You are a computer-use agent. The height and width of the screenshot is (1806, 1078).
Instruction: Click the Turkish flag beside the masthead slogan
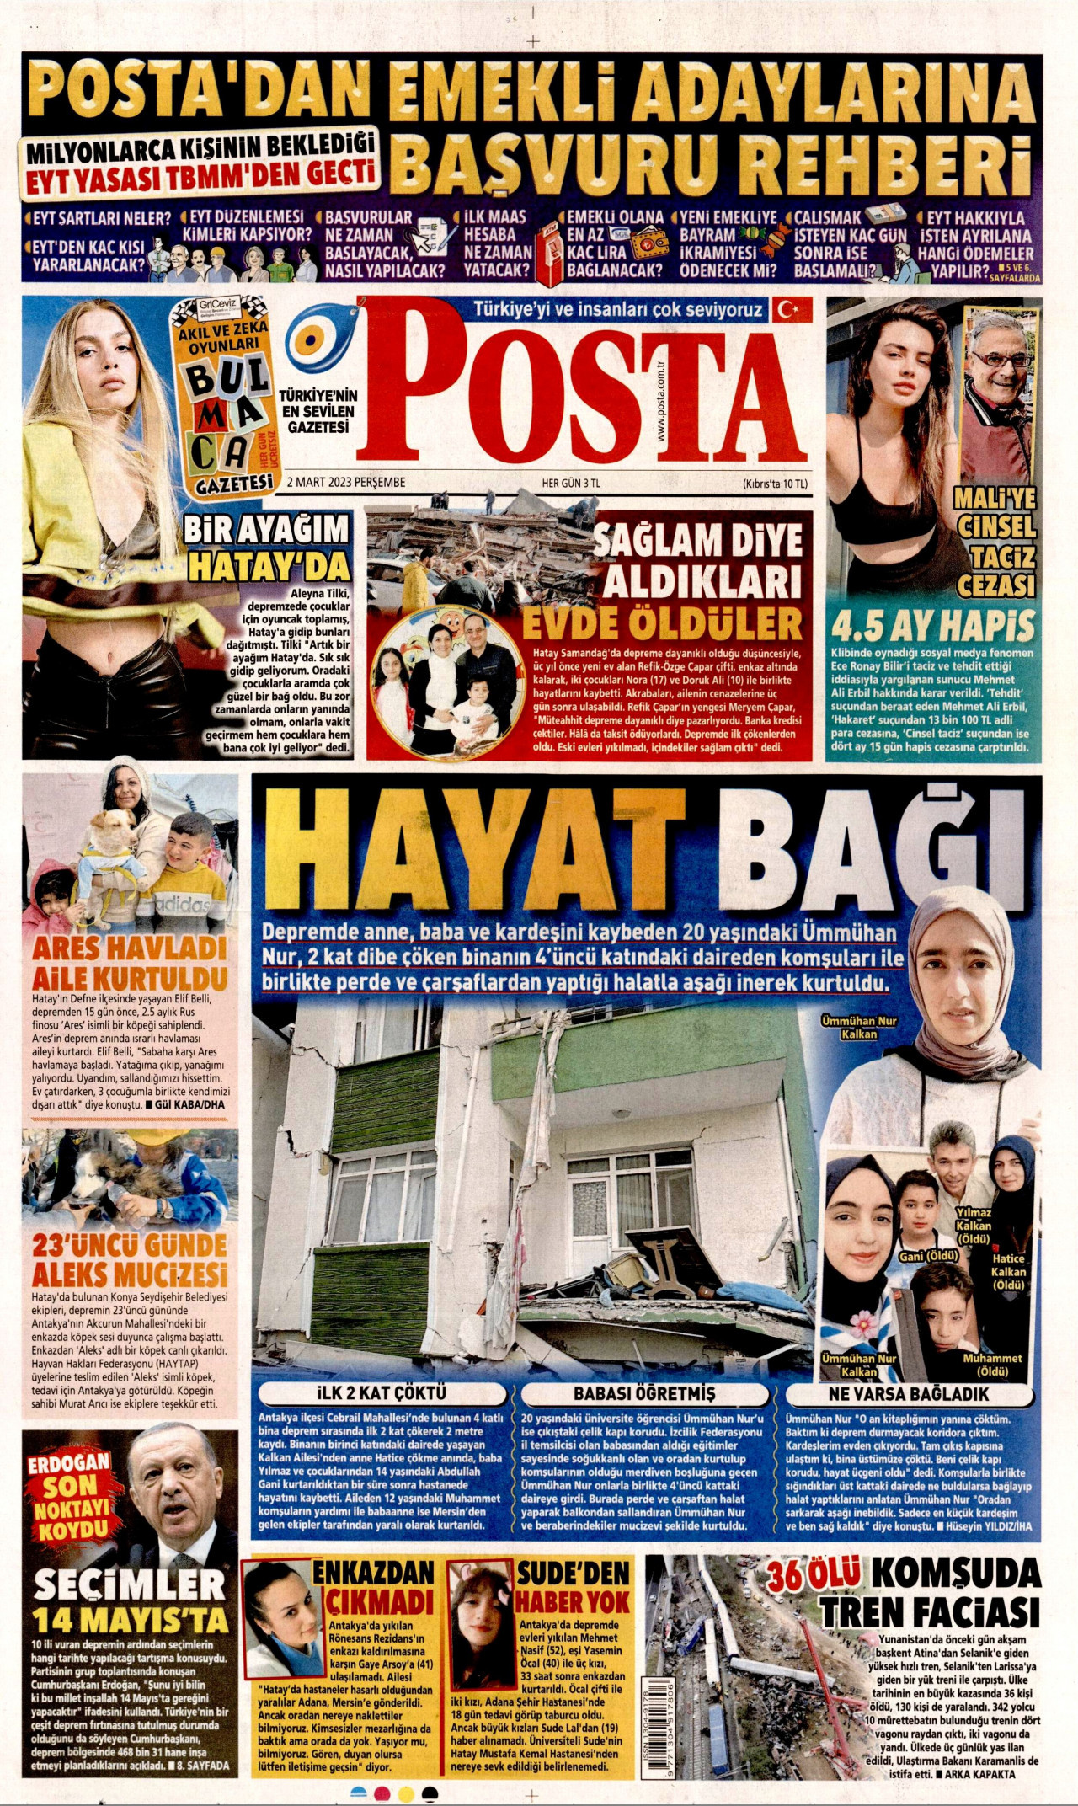(x=790, y=310)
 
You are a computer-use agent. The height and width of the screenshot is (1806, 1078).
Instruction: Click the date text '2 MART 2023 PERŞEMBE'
(x=346, y=483)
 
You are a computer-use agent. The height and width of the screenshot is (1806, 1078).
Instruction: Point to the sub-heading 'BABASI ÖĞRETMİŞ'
(x=644, y=1393)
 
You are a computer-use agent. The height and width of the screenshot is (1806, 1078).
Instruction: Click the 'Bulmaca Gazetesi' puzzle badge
(x=224, y=397)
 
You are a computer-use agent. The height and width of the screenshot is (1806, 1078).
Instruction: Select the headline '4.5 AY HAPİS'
(x=932, y=626)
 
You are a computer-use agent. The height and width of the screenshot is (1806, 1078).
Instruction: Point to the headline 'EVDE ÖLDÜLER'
(x=661, y=624)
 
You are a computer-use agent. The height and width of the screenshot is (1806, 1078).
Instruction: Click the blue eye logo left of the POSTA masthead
(x=322, y=340)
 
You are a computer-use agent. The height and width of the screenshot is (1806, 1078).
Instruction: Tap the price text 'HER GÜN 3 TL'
(x=571, y=484)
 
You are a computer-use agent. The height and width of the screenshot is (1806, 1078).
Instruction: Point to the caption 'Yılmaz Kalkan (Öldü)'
(x=974, y=1226)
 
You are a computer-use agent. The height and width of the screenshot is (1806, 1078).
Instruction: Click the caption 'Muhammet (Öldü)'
(x=992, y=1365)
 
